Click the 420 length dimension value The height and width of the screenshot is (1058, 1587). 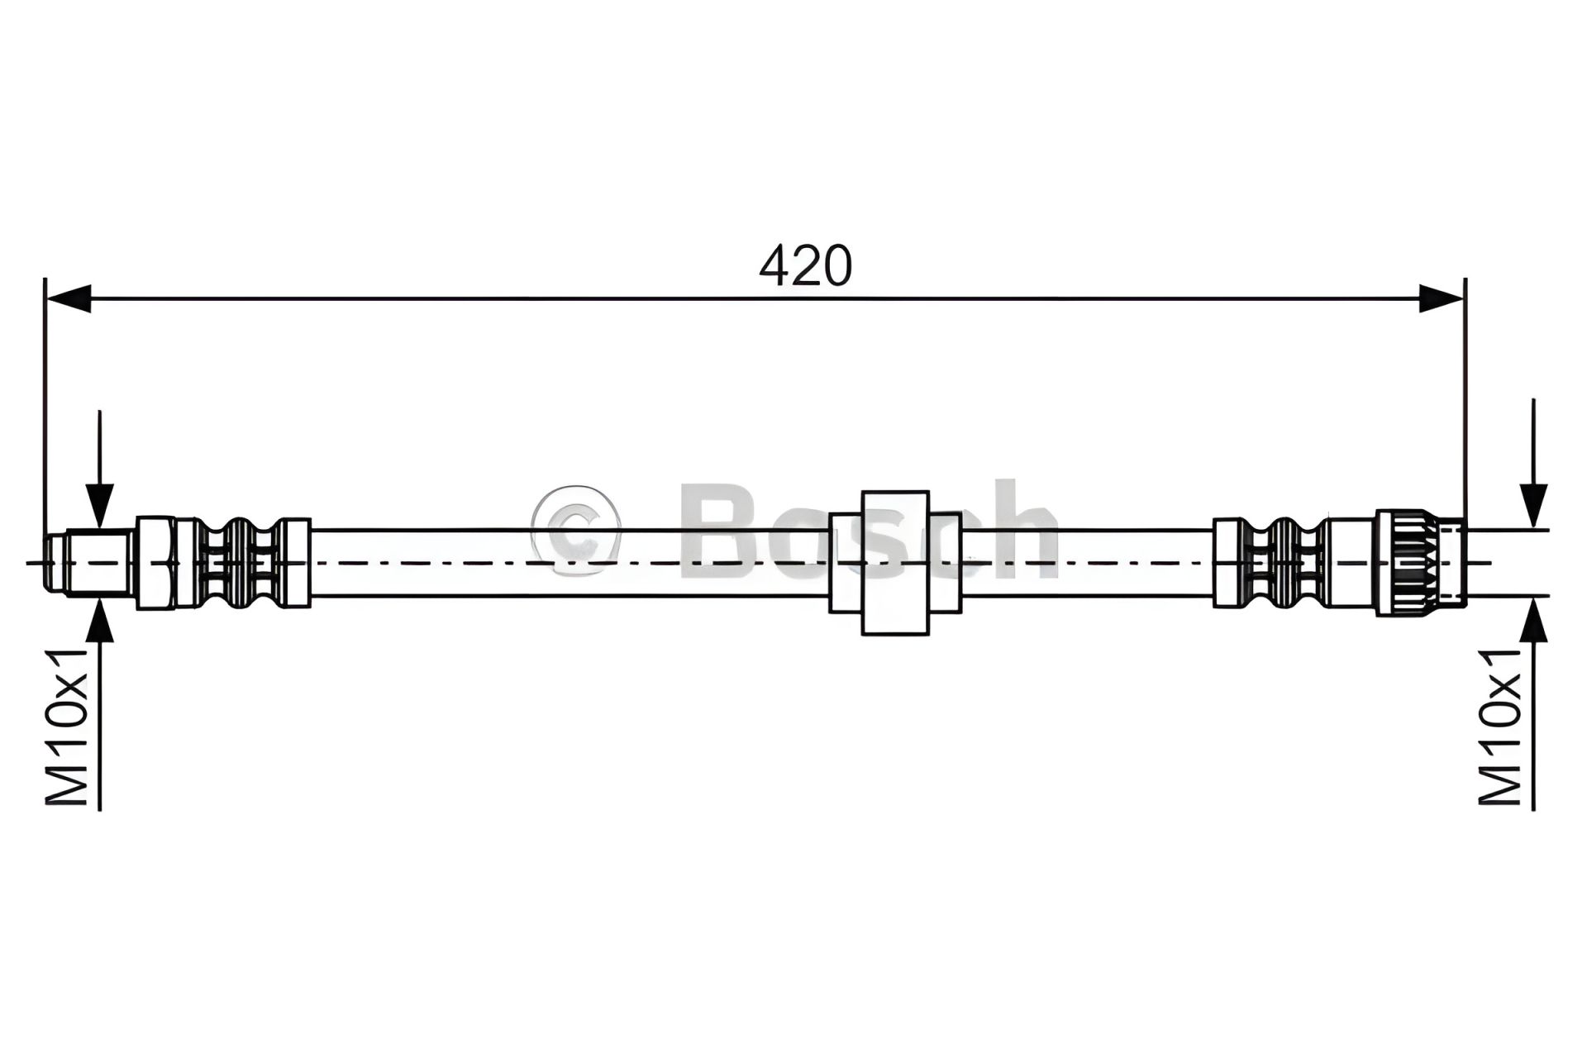(x=805, y=266)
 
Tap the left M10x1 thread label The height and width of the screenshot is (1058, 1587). (x=67, y=727)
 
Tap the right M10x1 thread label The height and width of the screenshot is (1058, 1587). (x=1499, y=727)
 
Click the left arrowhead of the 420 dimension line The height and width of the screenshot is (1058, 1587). (x=68, y=298)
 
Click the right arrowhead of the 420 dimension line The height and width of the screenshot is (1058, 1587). (x=1441, y=298)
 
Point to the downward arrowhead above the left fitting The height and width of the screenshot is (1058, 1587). (x=99, y=506)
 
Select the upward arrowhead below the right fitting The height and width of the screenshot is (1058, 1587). (x=1533, y=618)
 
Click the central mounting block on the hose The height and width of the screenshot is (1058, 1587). (x=895, y=563)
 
